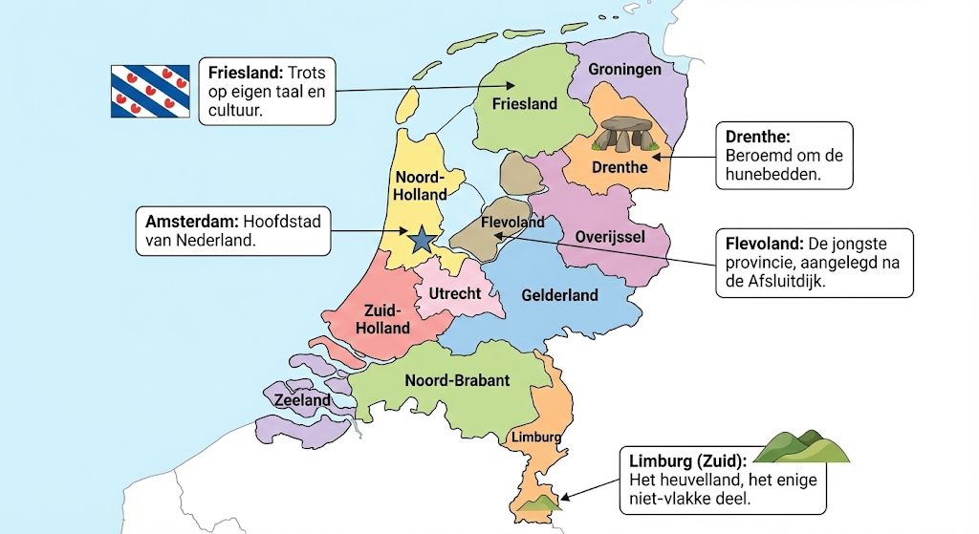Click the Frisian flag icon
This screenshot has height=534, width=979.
(150, 91)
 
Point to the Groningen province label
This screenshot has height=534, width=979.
(624, 70)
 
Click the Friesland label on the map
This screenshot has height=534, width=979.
(524, 103)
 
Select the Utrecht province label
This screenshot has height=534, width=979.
(455, 293)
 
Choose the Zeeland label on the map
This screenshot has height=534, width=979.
(302, 400)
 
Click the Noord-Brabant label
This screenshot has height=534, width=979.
(457, 380)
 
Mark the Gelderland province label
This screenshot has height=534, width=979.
(559, 295)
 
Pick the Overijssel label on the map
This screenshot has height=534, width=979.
(610, 236)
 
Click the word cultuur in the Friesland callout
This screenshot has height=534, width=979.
(235, 110)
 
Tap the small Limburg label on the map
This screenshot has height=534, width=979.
(535, 437)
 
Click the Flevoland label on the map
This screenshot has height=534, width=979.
(512, 223)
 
